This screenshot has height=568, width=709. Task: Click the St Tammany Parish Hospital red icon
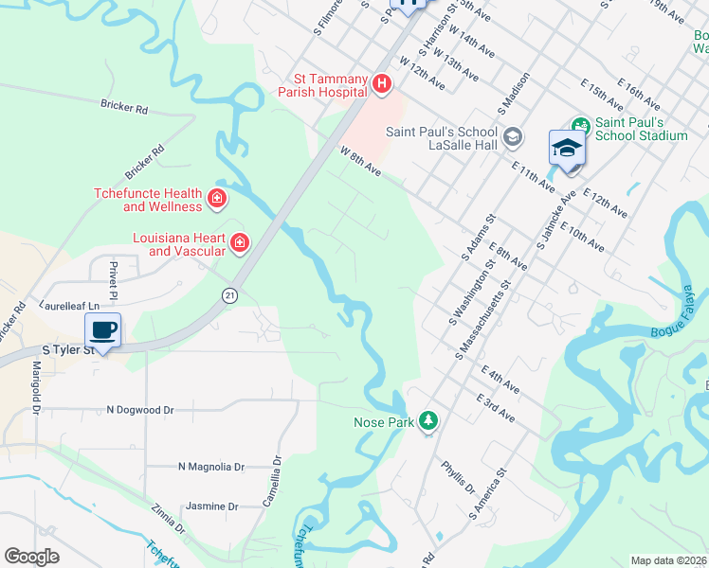pyautogui.click(x=381, y=85)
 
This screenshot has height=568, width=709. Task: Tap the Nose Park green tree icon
pyautogui.click(x=428, y=420)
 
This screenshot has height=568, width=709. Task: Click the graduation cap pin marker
pyautogui.click(x=567, y=149)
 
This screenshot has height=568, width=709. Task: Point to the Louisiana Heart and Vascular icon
pyautogui.click(x=240, y=243)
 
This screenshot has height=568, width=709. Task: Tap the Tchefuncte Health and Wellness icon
pyautogui.click(x=217, y=199)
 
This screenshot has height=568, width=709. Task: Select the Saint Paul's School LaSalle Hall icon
pyautogui.click(x=513, y=138)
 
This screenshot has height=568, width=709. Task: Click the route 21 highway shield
pyautogui.click(x=229, y=296)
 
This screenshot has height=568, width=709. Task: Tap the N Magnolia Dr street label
pyautogui.click(x=211, y=467)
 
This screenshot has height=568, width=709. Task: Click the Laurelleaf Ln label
pyautogui.click(x=69, y=306)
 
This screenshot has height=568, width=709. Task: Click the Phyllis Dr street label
pyautogui.click(x=458, y=477)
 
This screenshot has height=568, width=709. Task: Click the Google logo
pyautogui.click(x=31, y=556)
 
